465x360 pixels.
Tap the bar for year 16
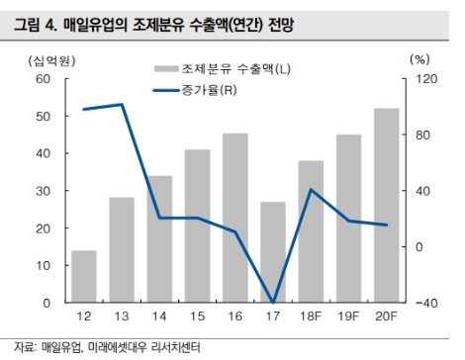click(235, 218)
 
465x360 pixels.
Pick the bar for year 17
click(273, 251)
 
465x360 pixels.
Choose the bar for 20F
click(387, 205)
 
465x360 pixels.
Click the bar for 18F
click(311, 230)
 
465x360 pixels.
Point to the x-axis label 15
click(197, 315)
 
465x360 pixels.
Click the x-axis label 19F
click(348, 315)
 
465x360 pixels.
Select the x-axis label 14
click(159, 315)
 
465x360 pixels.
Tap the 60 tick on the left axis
click(46, 79)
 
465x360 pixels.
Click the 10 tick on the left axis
click(46, 265)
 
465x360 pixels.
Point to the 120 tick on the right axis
click(424, 79)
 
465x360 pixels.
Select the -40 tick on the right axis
click(424, 303)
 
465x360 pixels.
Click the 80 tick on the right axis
click(422, 135)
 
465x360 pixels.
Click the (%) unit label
click(418, 59)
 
